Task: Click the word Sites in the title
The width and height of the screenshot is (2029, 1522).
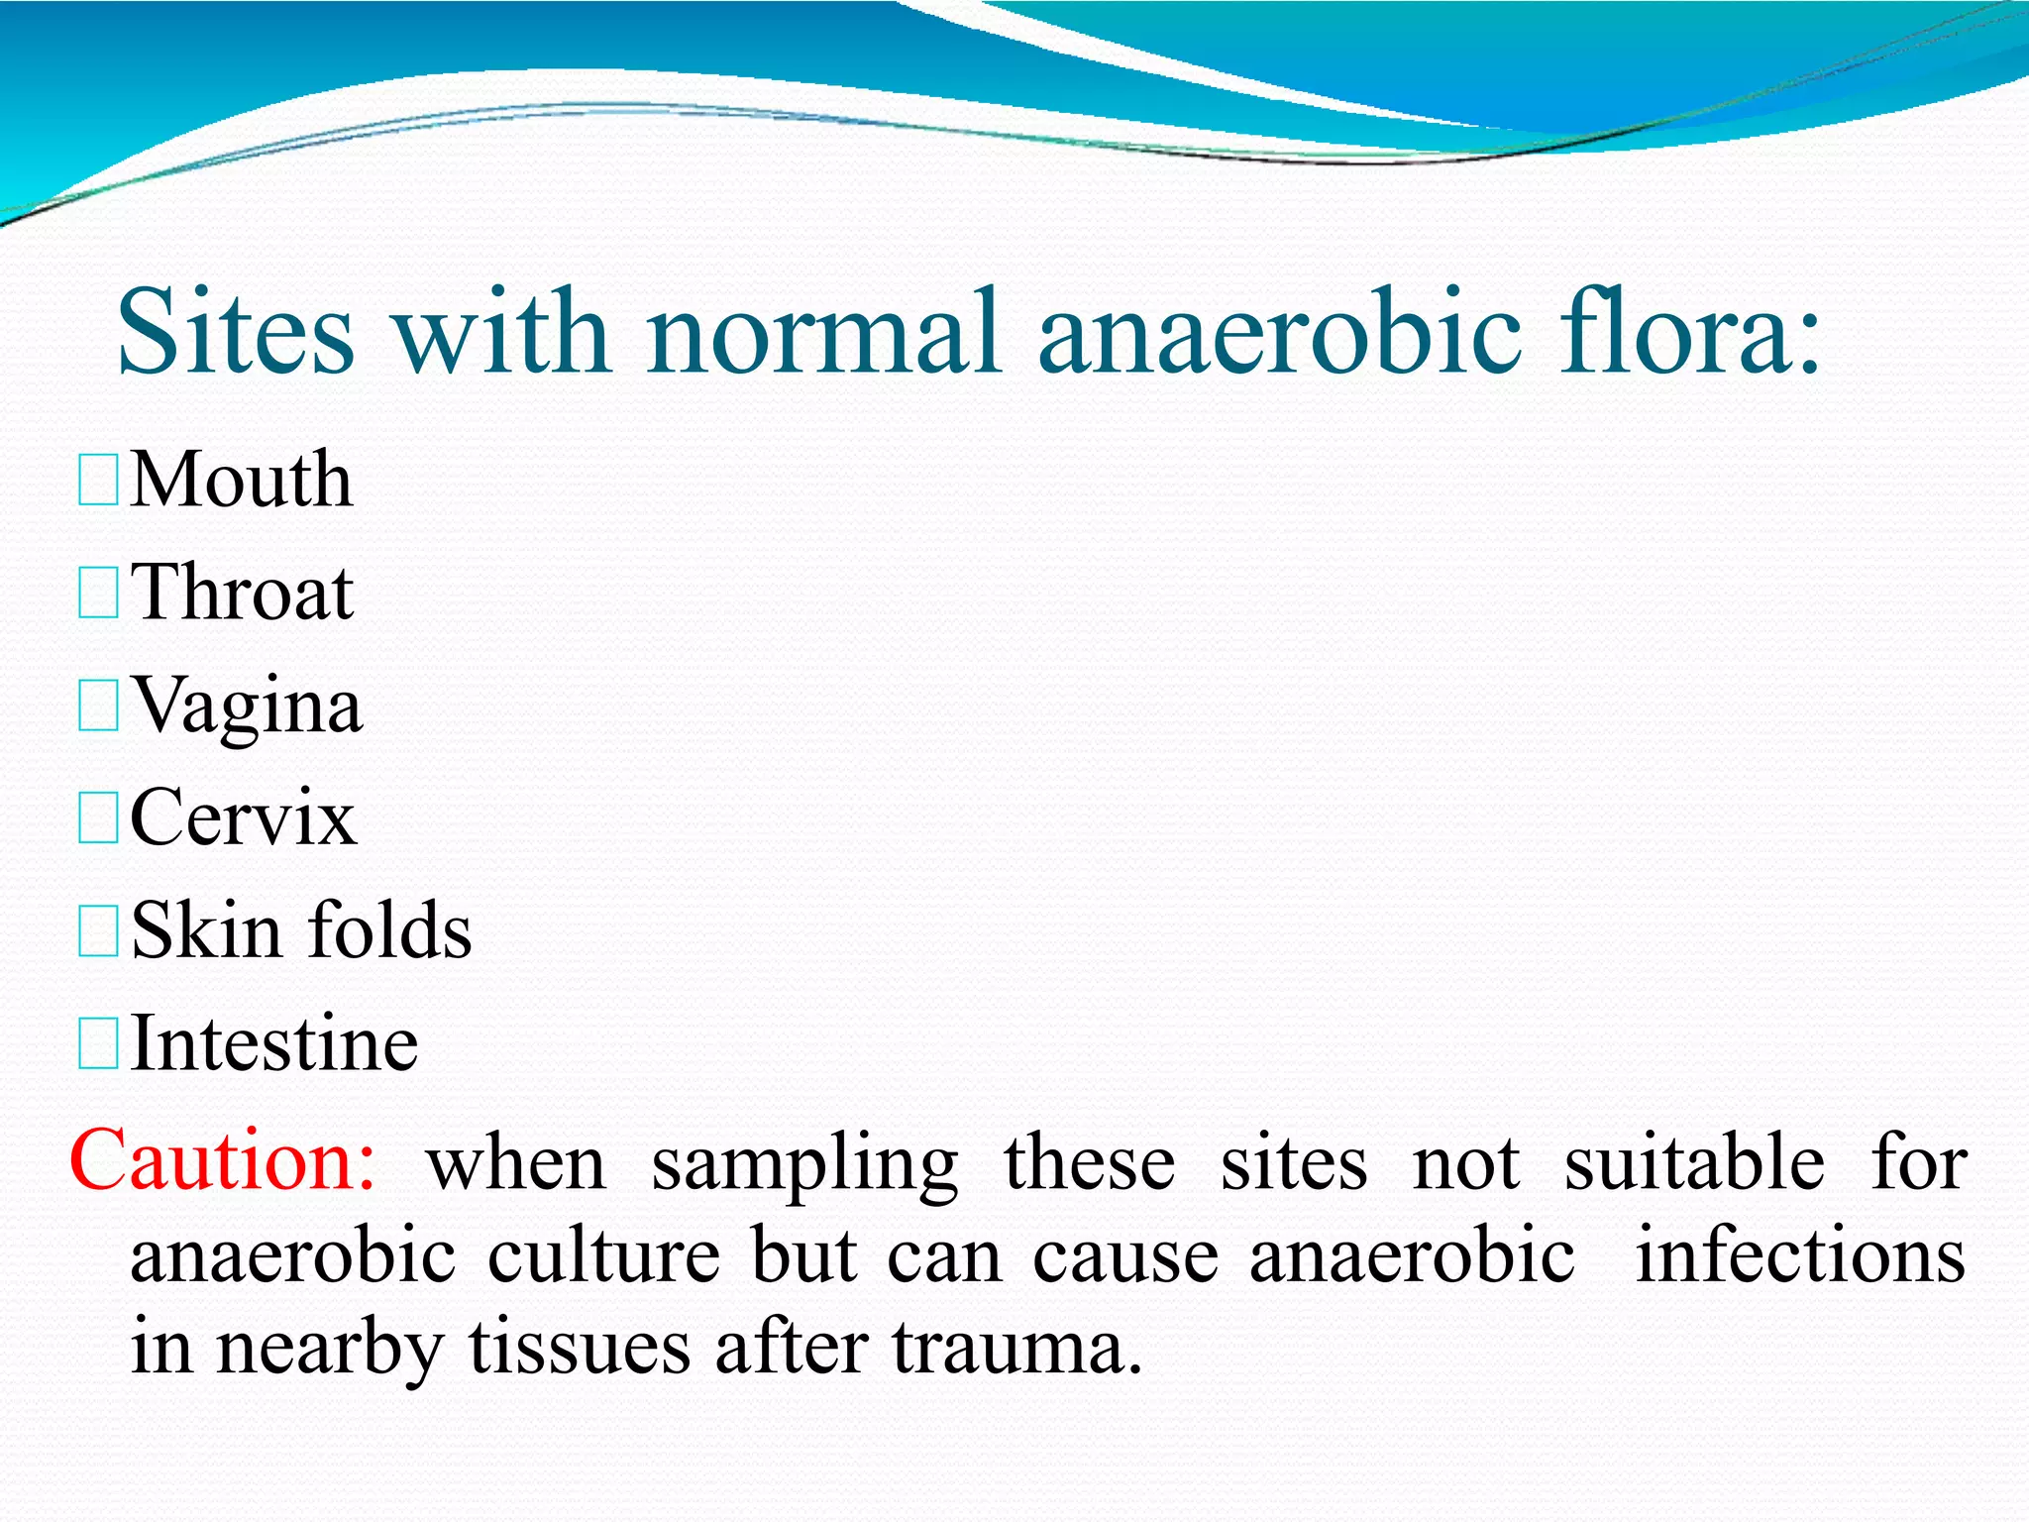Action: tap(236, 332)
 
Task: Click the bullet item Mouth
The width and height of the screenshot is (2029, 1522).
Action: tap(241, 480)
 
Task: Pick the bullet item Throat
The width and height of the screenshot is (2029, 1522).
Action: tap(242, 593)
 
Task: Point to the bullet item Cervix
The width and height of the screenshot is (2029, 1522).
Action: tap(243, 818)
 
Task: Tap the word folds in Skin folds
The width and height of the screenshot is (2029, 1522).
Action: tap(390, 931)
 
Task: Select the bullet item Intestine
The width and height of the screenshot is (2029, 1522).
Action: tap(274, 1044)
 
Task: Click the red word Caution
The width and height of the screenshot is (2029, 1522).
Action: tap(222, 1160)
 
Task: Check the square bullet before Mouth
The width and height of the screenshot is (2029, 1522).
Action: tap(98, 480)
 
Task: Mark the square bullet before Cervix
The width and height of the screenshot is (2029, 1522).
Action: tap(98, 818)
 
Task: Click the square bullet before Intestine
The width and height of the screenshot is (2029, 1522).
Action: tap(98, 1044)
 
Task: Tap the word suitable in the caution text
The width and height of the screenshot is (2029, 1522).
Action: tap(1694, 1162)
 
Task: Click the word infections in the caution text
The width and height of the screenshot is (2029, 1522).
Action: tap(1800, 1255)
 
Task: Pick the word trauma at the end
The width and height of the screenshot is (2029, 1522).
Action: tap(1016, 1349)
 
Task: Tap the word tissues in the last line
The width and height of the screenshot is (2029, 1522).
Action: tap(580, 1349)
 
